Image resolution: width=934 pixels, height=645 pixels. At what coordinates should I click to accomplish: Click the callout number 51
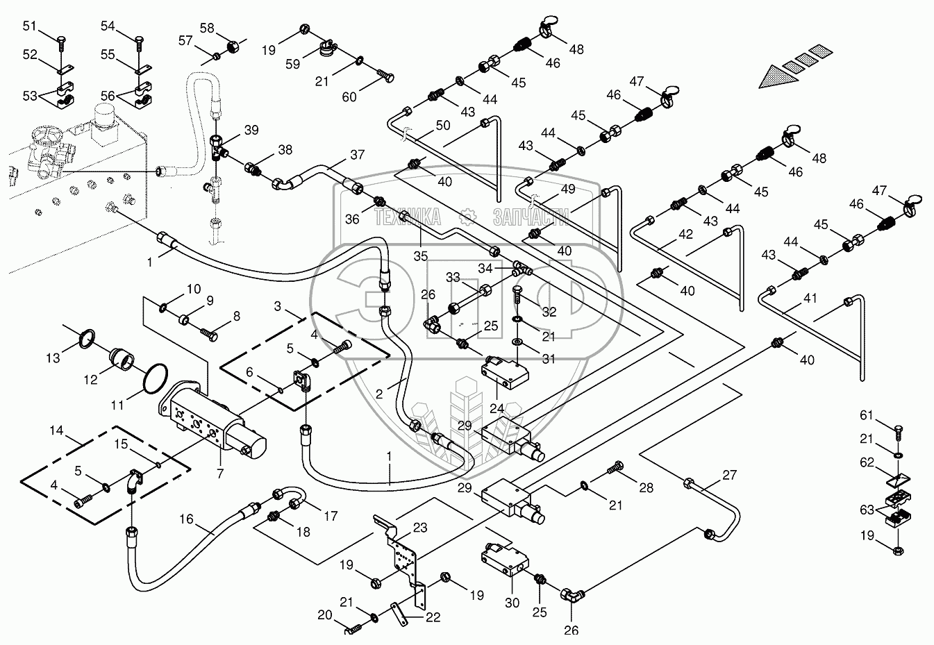[29, 26]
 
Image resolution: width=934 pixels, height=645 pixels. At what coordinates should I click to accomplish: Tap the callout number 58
[207, 28]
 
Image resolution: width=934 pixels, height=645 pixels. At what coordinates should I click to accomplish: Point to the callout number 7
[220, 474]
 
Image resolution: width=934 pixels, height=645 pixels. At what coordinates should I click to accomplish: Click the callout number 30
[512, 614]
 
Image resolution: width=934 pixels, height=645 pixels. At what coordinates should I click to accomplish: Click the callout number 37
[358, 155]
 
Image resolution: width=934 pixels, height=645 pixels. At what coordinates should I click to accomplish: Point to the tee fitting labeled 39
[217, 147]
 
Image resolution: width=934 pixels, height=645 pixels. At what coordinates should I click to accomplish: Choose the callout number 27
[729, 474]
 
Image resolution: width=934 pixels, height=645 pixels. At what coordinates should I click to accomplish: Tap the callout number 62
[867, 463]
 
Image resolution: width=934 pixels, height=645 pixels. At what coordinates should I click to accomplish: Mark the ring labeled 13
[87, 339]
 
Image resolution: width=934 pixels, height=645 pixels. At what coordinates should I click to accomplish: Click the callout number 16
[186, 519]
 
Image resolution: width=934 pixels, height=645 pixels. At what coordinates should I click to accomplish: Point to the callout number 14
[56, 430]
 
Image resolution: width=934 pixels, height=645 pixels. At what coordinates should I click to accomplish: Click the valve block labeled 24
[505, 372]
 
